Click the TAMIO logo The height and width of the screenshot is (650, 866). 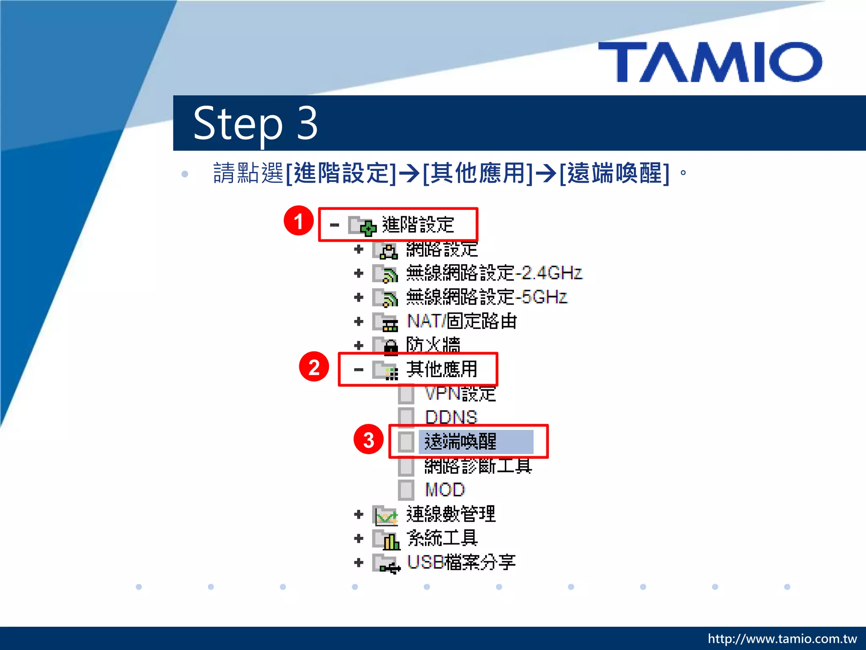[x=710, y=62]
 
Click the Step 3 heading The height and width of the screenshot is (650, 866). [x=255, y=123]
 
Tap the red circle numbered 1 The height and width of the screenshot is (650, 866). [x=299, y=221]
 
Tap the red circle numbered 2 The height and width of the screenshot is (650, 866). [x=314, y=367]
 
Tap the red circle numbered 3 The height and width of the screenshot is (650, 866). [x=368, y=440]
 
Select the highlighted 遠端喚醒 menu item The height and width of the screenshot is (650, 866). [x=461, y=441]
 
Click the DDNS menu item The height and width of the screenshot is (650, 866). [x=451, y=417]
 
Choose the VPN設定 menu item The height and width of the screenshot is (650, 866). [x=460, y=394]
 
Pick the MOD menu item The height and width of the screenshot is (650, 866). [x=444, y=490]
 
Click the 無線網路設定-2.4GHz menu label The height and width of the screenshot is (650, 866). [x=494, y=273]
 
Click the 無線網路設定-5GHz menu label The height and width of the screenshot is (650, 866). [x=486, y=297]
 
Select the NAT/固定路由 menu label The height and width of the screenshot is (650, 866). [x=461, y=321]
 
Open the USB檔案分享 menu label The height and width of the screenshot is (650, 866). [x=461, y=562]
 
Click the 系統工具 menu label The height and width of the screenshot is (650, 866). [x=442, y=538]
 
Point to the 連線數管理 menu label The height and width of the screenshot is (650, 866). [x=451, y=514]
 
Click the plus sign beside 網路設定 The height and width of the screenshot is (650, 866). [x=359, y=249]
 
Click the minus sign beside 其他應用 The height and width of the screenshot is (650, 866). [x=359, y=370]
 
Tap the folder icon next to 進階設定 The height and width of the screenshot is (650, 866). [x=362, y=226]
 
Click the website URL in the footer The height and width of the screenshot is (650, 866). [x=782, y=639]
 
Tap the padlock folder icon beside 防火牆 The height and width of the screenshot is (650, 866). [x=386, y=346]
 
